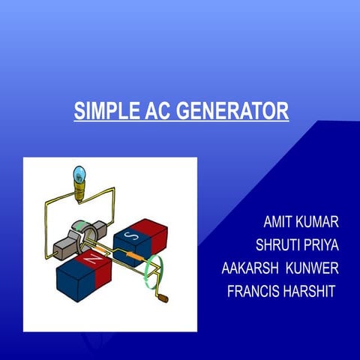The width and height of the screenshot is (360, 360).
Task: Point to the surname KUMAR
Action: [x=319, y=223]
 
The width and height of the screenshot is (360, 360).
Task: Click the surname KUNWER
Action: [x=310, y=268]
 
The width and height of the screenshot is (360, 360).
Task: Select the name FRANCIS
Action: [x=254, y=290]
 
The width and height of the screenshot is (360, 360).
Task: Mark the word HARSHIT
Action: [x=308, y=290]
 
